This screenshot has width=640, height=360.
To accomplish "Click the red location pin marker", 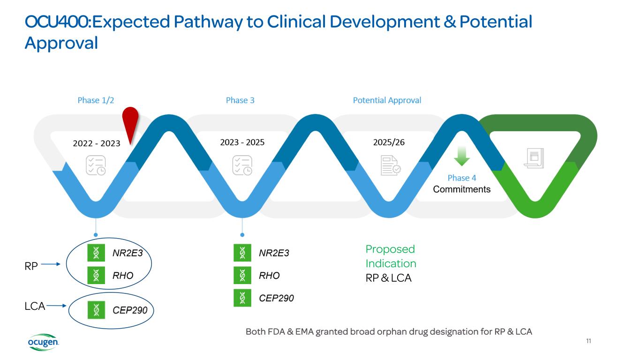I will pyautogui.click(x=130, y=120).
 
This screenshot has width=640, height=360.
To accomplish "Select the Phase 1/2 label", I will pyautogui.click(x=96, y=100).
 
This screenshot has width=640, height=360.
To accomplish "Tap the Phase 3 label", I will pyautogui.click(x=240, y=100).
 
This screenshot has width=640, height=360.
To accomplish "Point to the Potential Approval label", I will pyautogui.click(x=387, y=100).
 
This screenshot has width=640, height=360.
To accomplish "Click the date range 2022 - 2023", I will pyautogui.click(x=97, y=143).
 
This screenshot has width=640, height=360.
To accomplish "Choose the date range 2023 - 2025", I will pyautogui.click(x=242, y=142).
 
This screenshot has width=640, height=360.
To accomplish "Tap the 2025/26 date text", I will pyautogui.click(x=389, y=142).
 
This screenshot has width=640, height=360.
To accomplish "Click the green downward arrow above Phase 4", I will pyautogui.click(x=462, y=156).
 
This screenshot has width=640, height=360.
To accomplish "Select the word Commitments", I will pyautogui.click(x=462, y=189).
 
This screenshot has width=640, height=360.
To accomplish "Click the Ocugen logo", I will pyautogui.click(x=43, y=343).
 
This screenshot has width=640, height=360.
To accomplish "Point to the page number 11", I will pyautogui.click(x=588, y=341).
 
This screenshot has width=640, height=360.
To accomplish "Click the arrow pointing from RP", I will pyautogui.click(x=51, y=264).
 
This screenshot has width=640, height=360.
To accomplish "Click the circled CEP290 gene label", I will pyautogui.click(x=130, y=310).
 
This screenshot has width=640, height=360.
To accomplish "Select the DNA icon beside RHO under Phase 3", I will pyautogui.click(x=242, y=276).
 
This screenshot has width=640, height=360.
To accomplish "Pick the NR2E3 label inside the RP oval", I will pyautogui.click(x=127, y=253).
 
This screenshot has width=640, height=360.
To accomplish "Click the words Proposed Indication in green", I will pyautogui.click(x=391, y=256).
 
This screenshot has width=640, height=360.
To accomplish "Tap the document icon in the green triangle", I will pyautogui.click(x=534, y=158).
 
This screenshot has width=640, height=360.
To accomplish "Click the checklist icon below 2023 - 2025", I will pyautogui.click(x=242, y=165).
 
